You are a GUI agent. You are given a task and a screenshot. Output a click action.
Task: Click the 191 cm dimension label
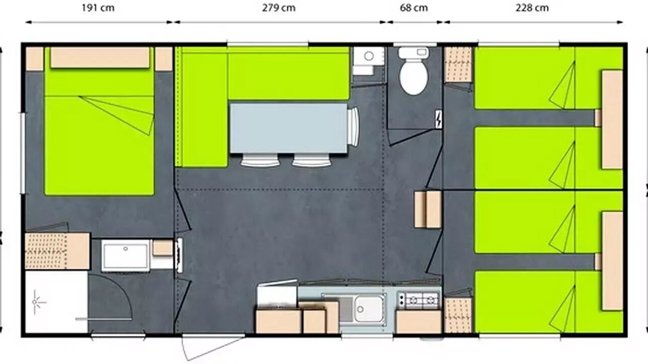click(98, 8)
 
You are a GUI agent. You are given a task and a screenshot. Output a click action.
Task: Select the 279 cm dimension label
click(279, 8)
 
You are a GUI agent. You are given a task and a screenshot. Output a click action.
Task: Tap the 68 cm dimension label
click(414, 8)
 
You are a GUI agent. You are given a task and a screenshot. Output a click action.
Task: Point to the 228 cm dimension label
click(532, 8)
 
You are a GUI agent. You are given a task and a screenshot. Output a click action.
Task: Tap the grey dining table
click(289, 128)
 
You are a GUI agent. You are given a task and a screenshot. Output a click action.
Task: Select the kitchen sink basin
click(369, 309)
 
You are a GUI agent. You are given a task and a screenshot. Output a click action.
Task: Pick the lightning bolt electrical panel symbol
click(438, 119)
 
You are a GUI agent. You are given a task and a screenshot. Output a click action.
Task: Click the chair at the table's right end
click(353, 126)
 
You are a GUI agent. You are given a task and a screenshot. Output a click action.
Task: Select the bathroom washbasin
click(125, 255)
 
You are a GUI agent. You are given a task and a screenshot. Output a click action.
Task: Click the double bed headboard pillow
click(100, 58)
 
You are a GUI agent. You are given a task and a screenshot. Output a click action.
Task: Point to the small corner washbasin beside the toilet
click(369, 60)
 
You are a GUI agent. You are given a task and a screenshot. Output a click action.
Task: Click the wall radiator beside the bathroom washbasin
click(179, 255)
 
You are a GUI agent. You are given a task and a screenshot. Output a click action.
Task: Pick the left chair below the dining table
click(260, 160)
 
